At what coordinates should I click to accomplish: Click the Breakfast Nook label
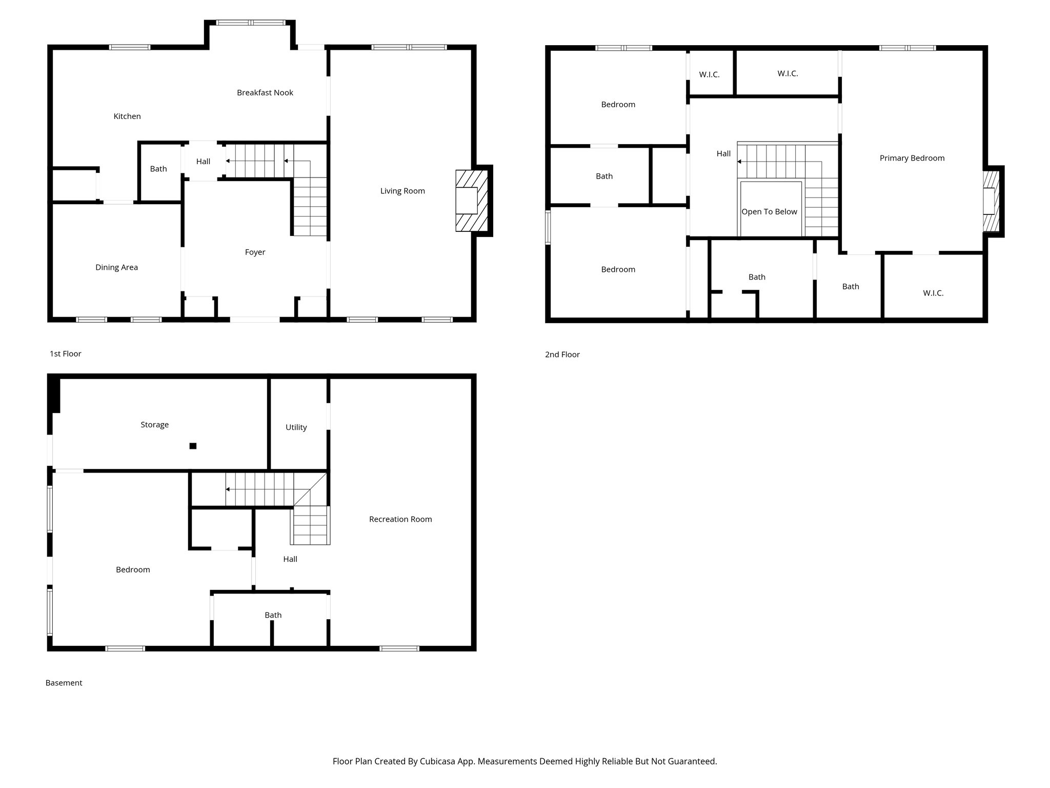(265, 93)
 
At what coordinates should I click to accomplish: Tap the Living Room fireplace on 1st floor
(471, 201)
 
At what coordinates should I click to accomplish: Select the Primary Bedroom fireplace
(991, 201)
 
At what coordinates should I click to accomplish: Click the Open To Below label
(769, 212)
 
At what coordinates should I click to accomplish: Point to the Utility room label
(296, 427)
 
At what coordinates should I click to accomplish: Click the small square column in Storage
(193, 446)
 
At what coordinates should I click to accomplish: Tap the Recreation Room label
(400, 519)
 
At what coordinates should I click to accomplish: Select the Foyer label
(255, 252)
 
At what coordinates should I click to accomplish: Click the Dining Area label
(116, 267)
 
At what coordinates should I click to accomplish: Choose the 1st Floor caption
(65, 354)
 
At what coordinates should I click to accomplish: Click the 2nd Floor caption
(562, 354)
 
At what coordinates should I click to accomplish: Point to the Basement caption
(64, 683)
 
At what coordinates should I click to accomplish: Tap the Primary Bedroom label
(912, 158)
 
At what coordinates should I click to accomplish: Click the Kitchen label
(127, 116)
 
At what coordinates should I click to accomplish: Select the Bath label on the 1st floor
(158, 169)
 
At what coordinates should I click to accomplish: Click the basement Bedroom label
(133, 569)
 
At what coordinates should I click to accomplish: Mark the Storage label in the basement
(154, 425)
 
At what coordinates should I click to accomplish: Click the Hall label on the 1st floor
(203, 162)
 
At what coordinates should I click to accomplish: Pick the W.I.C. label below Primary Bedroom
(933, 293)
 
